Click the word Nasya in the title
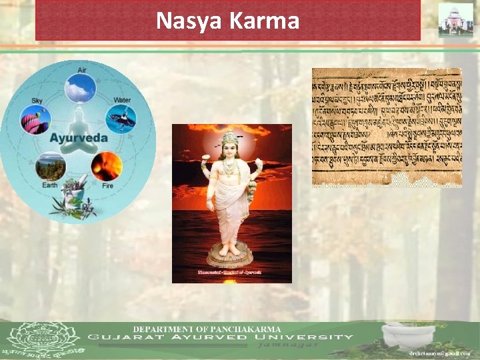[x=189, y=21]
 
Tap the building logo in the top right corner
[x=455, y=19]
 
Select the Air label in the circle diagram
[x=81, y=69]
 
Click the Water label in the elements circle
[x=122, y=100]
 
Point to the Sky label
[x=37, y=101]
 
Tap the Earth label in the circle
[x=50, y=185]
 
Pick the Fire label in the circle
[x=107, y=186]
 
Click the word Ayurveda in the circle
[x=79, y=139]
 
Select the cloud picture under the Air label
[x=81, y=88]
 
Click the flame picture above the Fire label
[x=107, y=165]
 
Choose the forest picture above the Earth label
[x=51, y=166]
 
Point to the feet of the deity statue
[x=230, y=249]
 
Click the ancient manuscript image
[x=387, y=127]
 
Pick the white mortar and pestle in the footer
[x=408, y=333]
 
